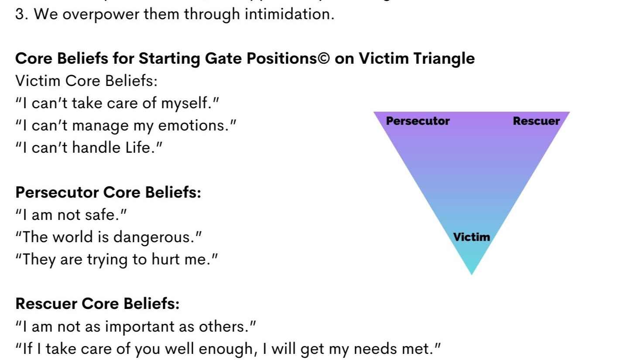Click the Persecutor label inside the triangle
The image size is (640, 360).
[418, 121]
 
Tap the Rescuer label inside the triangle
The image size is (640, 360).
[536, 121]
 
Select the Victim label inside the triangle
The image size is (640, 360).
[471, 237]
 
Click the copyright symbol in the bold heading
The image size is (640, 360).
[324, 58]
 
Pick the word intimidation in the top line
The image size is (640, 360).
[289, 14]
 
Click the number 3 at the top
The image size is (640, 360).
[20, 14]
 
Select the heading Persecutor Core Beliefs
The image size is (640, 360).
[108, 192]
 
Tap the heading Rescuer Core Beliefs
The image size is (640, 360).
[97, 304]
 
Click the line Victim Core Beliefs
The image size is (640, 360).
[86, 81]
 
